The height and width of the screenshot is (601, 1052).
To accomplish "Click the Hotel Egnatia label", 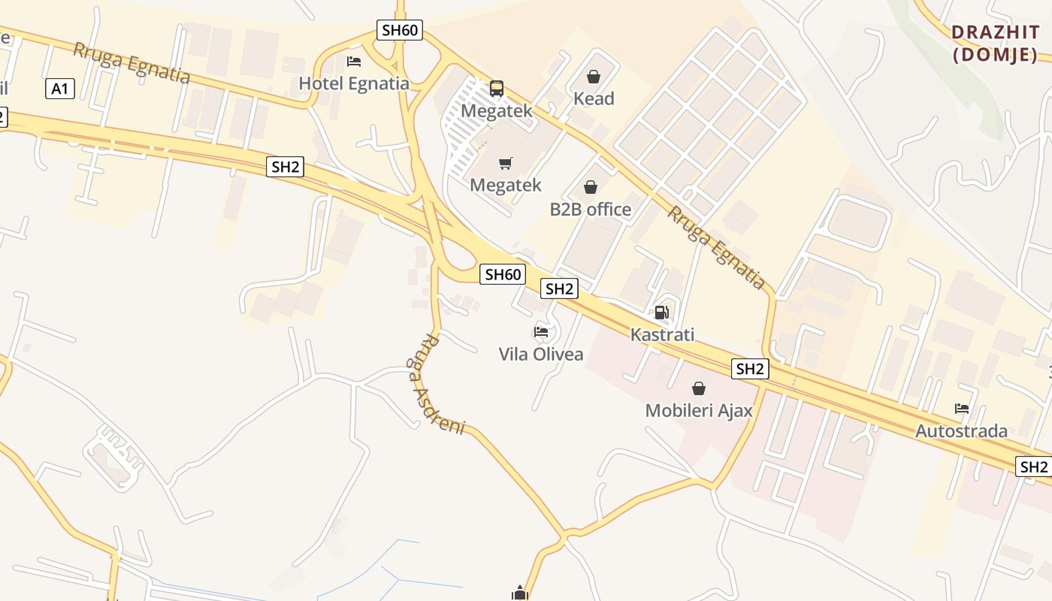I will [354, 83].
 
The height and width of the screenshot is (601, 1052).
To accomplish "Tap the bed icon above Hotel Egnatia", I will [354, 61].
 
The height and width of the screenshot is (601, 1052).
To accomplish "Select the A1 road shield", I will [60, 89].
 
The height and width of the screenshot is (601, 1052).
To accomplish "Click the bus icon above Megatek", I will [497, 89].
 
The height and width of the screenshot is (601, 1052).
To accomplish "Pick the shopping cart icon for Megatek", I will [506, 163].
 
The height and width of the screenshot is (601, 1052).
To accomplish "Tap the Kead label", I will [594, 98].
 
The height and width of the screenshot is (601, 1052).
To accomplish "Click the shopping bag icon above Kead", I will [594, 76].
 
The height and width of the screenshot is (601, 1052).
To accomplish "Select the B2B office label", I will [591, 209].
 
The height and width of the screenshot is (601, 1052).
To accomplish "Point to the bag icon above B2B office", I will [591, 186].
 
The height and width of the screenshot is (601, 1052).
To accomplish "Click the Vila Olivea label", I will [541, 354].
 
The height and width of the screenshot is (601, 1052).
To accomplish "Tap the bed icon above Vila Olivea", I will [541, 331].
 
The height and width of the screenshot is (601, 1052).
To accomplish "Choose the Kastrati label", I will [662, 334].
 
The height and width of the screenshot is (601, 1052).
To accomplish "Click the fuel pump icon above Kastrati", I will [661, 313].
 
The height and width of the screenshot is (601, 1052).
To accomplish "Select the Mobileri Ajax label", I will [699, 411].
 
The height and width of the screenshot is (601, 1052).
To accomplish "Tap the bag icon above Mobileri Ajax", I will [699, 388].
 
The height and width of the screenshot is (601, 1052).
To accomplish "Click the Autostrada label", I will [961, 431].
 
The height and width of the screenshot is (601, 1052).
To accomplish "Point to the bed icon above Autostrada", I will [962, 409].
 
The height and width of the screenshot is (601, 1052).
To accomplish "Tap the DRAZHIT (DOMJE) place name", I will [995, 44].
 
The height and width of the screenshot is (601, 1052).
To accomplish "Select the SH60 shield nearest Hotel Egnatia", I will [400, 30].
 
